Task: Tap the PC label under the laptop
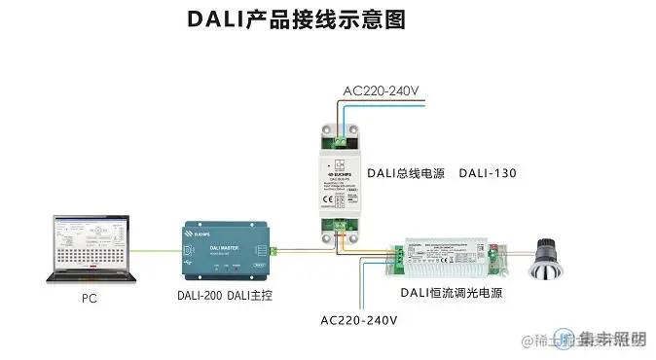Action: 90,301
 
